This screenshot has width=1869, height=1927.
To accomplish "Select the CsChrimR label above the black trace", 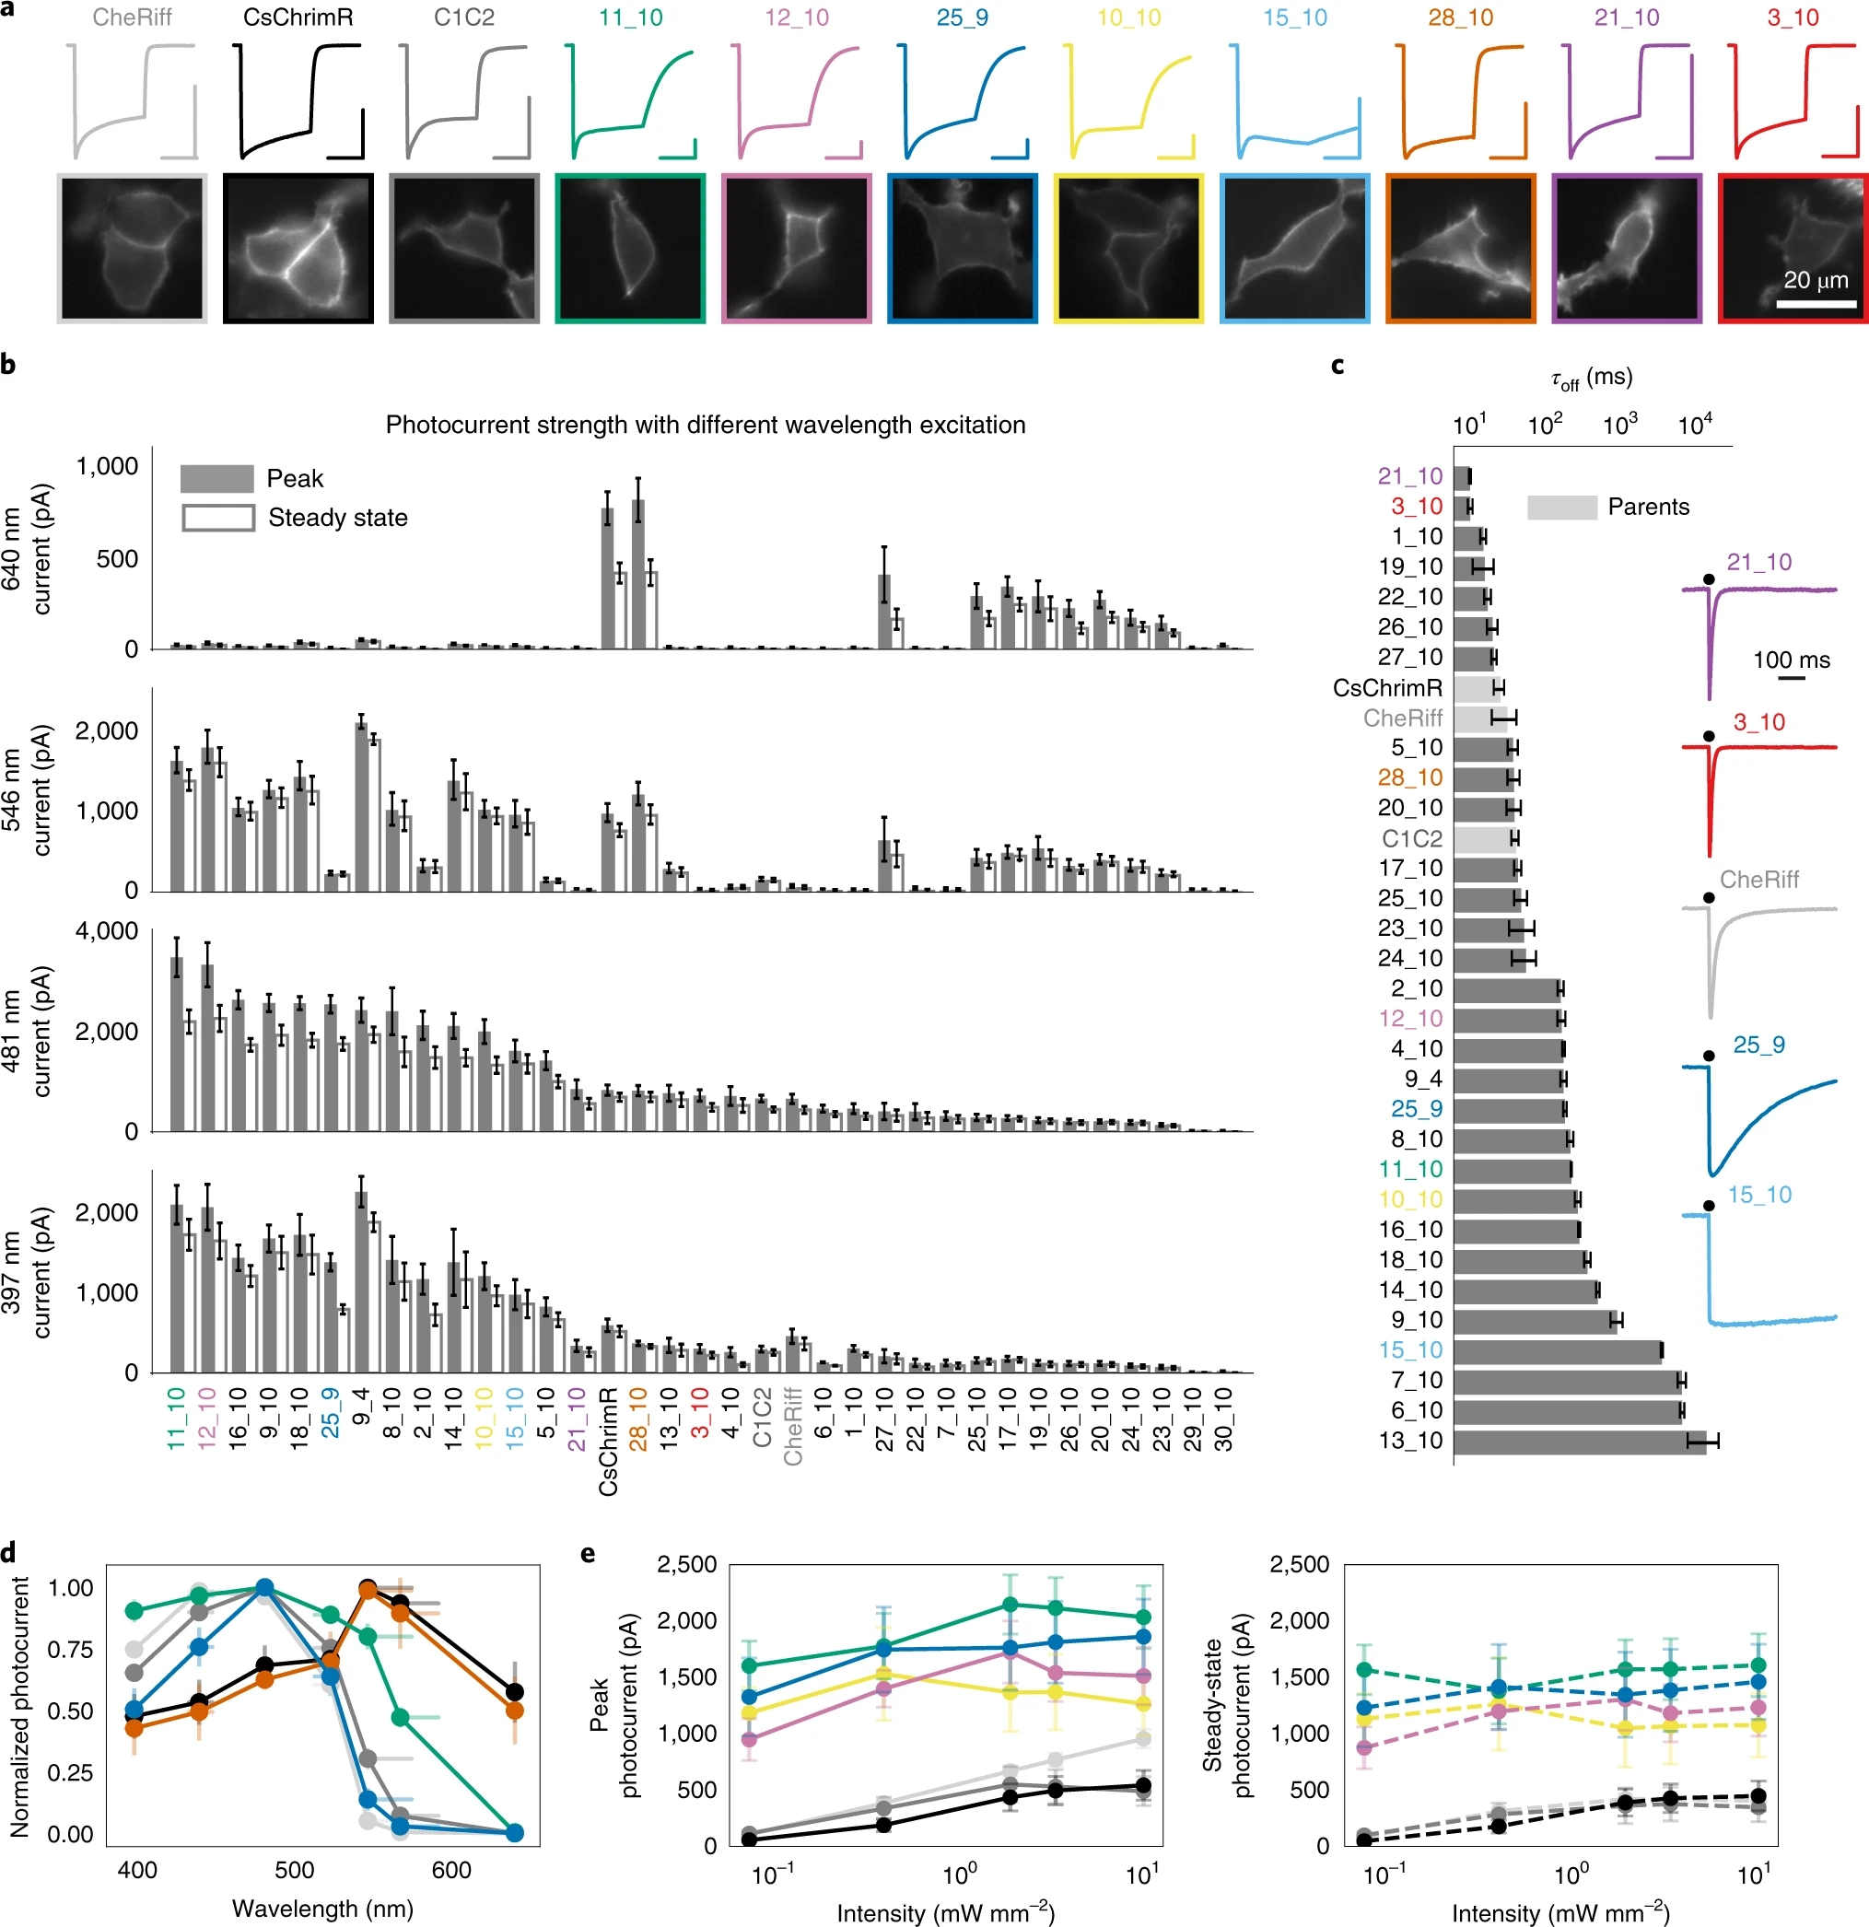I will (x=298, y=18).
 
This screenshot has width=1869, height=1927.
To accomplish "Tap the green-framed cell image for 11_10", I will (x=629, y=248).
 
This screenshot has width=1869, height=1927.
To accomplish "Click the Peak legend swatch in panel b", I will (x=216, y=479).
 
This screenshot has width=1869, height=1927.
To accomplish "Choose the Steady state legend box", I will (x=218, y=518).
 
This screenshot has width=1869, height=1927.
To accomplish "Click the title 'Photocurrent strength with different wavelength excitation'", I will (x=705, y=425).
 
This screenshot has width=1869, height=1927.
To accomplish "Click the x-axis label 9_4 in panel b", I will (x=361, y=1414).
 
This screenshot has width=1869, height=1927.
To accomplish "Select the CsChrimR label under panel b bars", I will (x=609, y=1442).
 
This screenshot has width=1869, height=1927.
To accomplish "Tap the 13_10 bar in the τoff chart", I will (x=1578, y=1442).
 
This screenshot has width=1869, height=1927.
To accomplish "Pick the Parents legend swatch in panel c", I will (x=1561, y=508).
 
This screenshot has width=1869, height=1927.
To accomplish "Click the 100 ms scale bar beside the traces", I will (x=1792, y=677).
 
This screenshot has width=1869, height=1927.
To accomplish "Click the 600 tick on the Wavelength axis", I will (x=451, y=1870).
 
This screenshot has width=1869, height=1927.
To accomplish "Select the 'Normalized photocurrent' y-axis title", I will (x=19, y=1708).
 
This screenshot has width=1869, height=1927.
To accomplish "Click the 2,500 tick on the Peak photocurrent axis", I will (x=687, y=1564).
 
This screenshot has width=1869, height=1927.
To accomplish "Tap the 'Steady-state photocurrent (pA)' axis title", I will (x=1227, y=1708).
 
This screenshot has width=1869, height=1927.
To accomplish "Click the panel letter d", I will (x=9, y=1553).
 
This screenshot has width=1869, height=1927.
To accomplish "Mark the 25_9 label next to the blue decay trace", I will (x=1758, y=1045).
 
